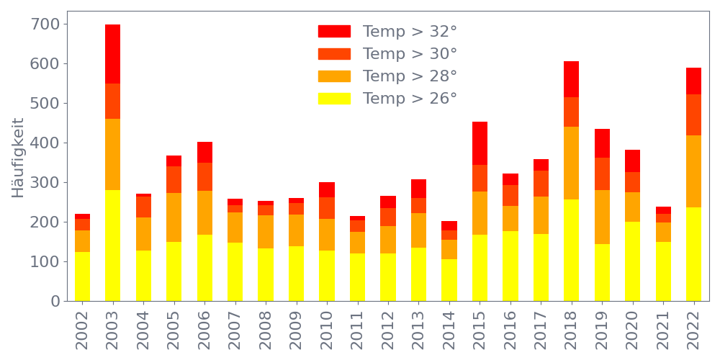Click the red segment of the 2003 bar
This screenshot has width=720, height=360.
112,54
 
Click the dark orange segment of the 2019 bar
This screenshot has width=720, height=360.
602,174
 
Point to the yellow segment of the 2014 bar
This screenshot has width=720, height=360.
449,280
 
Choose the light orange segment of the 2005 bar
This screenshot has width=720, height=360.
174,217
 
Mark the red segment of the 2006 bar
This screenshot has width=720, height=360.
204,152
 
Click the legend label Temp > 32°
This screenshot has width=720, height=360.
410,32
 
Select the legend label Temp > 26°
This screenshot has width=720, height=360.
410,99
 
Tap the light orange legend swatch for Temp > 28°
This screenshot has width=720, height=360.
334,76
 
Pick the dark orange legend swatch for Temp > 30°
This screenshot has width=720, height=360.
334,54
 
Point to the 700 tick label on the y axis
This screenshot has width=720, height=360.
45,24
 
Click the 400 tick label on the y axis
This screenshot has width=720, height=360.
45,143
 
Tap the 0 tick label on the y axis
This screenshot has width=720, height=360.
55,302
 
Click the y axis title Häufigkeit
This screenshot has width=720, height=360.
19,158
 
